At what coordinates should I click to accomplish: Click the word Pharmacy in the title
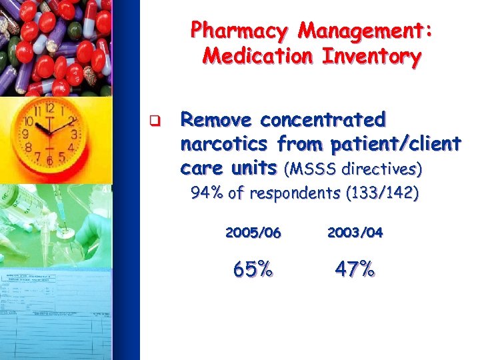(240, 31)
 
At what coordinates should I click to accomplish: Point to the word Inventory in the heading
(371, 56)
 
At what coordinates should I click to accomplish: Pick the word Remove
(217, 121)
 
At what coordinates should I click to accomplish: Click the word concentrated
(323, 121)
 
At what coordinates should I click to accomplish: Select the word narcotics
(225, 143)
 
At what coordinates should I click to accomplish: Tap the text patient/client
(392, 143)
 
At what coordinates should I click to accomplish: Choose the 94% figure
(206, 194)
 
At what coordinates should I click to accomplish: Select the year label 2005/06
(253, 233)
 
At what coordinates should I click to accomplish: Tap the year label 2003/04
(355, 233)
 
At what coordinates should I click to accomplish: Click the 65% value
(253, 270)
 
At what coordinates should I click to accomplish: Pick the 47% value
(355, 270)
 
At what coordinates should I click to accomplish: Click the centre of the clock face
(49, 129)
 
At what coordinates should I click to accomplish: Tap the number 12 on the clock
(49, 107)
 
